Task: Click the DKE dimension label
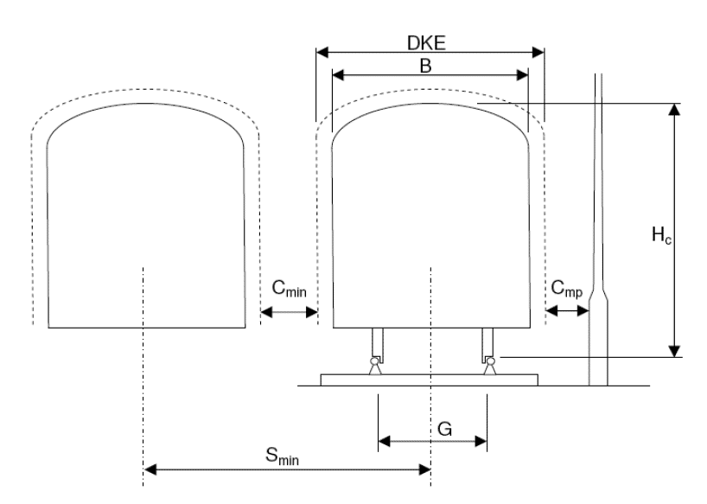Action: click(x=426, y=43)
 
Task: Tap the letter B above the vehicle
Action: click(x=425, y=66)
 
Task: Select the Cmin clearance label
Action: click(x=289, y=288)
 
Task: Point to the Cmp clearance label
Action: click(x=566, y=289)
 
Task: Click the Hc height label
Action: click(x=661, y=235)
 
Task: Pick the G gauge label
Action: click(x=444, y=429)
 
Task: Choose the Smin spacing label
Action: click(x=282, y=456)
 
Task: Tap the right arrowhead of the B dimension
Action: click(x=522, y=75)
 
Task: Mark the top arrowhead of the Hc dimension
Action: click(x=674, y=110)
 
